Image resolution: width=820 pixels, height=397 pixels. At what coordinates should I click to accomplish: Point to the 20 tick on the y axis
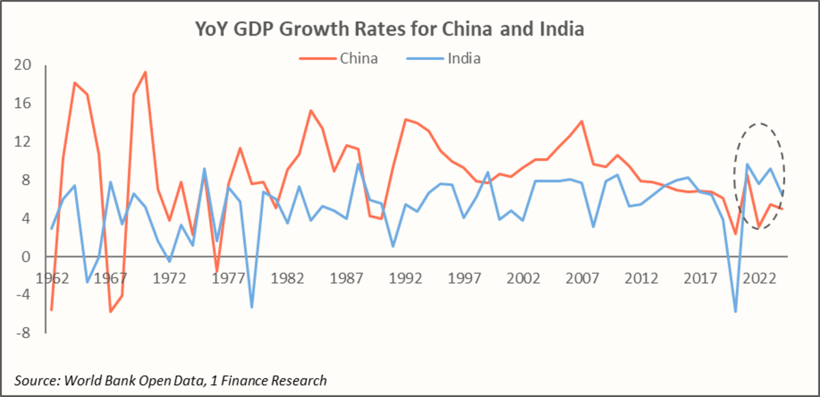pyautogui.click(x=23, y=66)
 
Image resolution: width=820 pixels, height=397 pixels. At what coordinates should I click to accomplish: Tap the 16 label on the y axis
pyautogui.click(x=23, y=104)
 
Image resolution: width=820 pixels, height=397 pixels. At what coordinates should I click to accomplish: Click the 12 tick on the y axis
pyautogui.click(x=23, y=142)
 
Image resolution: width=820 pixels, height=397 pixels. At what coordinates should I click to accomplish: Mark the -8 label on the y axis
pyautogui.click(x=23, y=333)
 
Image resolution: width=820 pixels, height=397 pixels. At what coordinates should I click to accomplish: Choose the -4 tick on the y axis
pyautogui.click(x=23, y=295)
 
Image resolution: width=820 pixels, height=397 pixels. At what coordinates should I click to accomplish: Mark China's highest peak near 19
pyautogui.click(x=145, y=72)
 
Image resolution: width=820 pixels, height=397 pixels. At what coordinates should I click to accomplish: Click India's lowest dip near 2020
pyautogui.click(x=736, y=312)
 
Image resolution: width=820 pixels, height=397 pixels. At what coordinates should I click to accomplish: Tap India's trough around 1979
pyautogui.click(x=251, y=307)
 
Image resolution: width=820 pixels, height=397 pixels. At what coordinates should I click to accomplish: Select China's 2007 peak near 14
pyautogui.click(x=582, y=122)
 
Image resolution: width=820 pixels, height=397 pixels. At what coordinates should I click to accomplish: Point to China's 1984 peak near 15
pyautogui.click(x=310, y=111)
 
